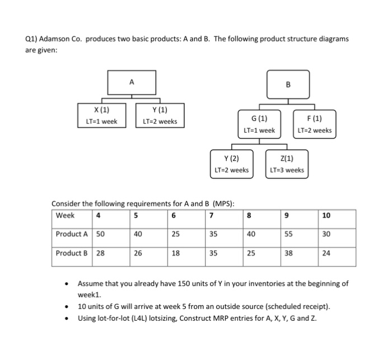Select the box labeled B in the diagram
click(x=288, y=85)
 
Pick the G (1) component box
click(x=259, y=124)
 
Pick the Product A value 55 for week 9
click(x=288, y=235)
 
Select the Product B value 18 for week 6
click(x=176, y=253)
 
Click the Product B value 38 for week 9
click(x=288, y=253)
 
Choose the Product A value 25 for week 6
click(x=176, y=235)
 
